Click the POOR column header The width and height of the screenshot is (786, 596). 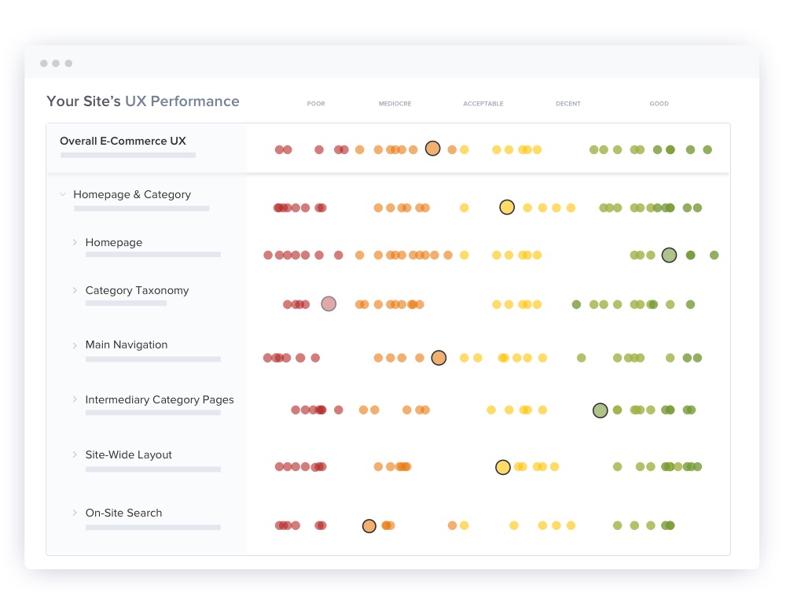coord(316,104)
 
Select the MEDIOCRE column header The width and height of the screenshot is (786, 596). coord(395,104)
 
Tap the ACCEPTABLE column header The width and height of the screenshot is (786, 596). coord(483,104)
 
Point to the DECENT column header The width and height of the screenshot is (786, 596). coord(567,104)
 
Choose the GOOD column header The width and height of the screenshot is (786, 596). coord(659,104)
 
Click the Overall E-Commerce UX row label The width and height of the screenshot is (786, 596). coord(123,142)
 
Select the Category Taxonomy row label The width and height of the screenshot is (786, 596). coord(137,291)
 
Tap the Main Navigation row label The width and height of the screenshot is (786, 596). coord(126,345)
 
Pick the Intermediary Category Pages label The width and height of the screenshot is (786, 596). coord(159,400)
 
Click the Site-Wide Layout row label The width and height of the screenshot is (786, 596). coord(128,455)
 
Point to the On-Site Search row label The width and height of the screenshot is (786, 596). coord(123,513)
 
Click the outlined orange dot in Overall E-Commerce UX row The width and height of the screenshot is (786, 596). coord(432,149)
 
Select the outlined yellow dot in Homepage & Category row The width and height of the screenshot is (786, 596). coord(507,208)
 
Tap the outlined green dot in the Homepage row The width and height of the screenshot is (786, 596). coord(669,255)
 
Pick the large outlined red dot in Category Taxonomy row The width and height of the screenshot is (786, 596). coord(329,304)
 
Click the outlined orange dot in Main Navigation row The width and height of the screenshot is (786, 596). coord(439,358)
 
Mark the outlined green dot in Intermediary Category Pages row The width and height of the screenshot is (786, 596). coord(600,410)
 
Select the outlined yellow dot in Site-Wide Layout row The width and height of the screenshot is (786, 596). coord(503,467)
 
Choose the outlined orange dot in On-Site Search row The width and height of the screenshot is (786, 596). coord(369,526)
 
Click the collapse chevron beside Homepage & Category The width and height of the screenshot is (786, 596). coord(63,195)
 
